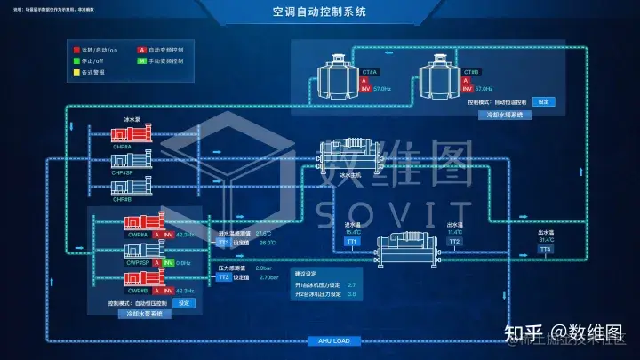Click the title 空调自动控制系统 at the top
tap(319, 14)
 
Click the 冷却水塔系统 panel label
tap(504, 116)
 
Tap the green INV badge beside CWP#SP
tap(168, 263)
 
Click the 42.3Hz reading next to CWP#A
tap(185, 235)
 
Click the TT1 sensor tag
tap(352, 242)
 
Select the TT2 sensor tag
tap(454, 242)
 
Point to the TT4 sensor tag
tap(546, 250)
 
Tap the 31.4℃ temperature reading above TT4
tap(546, 239)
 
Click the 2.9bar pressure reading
tap(263, 268)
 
